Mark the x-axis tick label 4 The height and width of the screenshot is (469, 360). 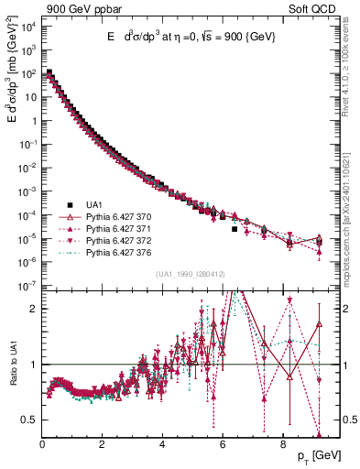click(x=162, y=446)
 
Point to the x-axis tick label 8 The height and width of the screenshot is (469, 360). click(x=282, y=446)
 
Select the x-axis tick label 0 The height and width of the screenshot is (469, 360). click(x=42, y=446)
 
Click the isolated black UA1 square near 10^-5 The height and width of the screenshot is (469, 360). click(x=235, y=230)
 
